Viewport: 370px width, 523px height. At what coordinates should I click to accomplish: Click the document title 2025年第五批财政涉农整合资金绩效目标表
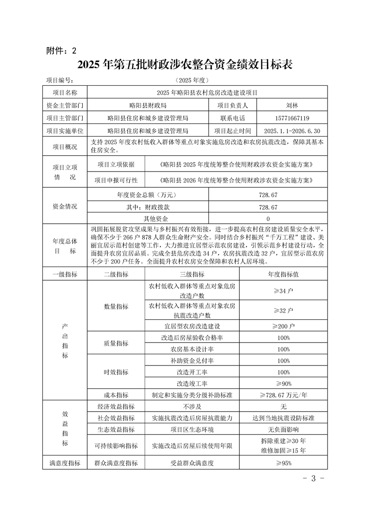185,64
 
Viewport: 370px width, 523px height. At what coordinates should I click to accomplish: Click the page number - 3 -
314,478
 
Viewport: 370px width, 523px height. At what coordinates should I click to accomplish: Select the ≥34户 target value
283,291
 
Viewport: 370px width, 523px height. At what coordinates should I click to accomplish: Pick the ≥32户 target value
283,310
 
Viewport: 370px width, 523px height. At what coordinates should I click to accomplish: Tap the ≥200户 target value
283,326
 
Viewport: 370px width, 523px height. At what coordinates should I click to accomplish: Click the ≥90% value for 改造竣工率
283,384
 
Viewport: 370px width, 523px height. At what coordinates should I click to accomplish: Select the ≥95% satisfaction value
283,463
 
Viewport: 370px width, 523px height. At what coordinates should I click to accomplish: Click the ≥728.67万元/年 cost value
283,395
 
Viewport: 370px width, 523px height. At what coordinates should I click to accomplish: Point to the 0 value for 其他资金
268,219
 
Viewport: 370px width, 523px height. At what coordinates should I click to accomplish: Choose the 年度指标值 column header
283,275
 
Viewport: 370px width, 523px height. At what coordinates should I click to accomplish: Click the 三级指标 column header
192,275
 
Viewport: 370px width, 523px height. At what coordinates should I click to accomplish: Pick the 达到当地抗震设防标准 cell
283,418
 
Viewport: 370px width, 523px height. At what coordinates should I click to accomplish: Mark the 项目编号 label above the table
60,80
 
